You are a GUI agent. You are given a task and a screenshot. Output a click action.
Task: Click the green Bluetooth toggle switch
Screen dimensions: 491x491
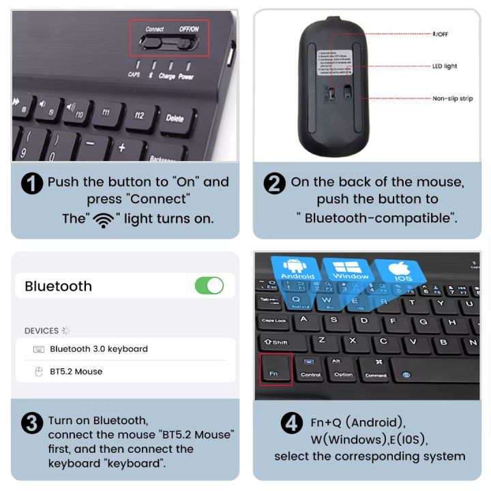tap(209, 286)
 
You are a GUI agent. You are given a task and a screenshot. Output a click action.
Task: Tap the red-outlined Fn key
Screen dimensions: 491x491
tap(274, 370)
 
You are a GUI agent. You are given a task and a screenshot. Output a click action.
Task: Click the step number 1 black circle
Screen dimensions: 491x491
tap(32, 183)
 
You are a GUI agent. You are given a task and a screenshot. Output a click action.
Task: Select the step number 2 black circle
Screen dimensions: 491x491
tap(274, 183)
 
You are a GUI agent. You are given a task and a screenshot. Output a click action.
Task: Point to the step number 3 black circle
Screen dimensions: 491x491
tap(32, 423)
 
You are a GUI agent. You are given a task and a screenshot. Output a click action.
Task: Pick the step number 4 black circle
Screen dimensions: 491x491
tap(292, 423)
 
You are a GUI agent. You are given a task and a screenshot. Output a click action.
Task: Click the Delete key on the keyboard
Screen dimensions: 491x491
tap(175, 118)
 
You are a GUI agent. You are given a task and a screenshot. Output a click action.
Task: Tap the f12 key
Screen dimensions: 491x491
tap(140, 115)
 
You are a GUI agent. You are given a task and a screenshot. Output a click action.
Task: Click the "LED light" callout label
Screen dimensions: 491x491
tap(445, 66)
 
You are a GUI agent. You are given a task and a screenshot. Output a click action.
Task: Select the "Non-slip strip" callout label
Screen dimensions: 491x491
tap(452, 99)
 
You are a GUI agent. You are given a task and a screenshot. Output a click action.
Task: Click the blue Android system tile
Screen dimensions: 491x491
tap(298, 269)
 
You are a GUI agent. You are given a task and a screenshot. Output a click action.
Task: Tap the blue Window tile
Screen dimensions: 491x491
tap(350, 269)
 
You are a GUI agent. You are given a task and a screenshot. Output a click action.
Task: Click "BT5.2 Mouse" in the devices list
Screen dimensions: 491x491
tap(76, 372)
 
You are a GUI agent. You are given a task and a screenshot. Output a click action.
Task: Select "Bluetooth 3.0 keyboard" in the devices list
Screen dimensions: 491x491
tap(98, 349)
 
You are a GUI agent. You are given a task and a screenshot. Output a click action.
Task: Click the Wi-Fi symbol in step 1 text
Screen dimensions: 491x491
tap(104, 220)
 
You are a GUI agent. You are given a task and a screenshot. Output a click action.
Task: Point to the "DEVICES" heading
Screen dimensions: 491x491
tap(42, 331)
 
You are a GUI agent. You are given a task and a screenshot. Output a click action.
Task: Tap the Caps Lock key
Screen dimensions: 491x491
tap(274, 321)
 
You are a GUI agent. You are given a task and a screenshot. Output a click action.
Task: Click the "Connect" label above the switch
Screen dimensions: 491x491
tap(155, 29)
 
